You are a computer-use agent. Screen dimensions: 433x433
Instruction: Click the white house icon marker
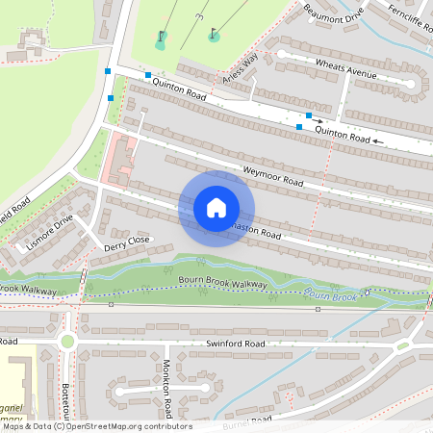coord(216,208)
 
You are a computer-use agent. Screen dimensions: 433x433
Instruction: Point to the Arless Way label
coord(241,68)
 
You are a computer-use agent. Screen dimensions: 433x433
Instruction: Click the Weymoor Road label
coord(273,176)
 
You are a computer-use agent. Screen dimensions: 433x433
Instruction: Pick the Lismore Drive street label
coord(50,233)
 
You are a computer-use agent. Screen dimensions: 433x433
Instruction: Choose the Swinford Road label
coord(235,343)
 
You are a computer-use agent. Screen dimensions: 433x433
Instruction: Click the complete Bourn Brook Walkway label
coord(222,282)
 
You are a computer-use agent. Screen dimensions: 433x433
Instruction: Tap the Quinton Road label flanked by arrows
coord(343,135)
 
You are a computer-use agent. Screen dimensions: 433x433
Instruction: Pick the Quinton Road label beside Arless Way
coord(182,94)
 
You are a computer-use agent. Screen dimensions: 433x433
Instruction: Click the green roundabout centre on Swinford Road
coord(67,341)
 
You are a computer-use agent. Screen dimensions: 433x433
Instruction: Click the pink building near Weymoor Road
coord(120,160)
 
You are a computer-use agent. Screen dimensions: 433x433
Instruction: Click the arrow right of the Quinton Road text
coord(379,141)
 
